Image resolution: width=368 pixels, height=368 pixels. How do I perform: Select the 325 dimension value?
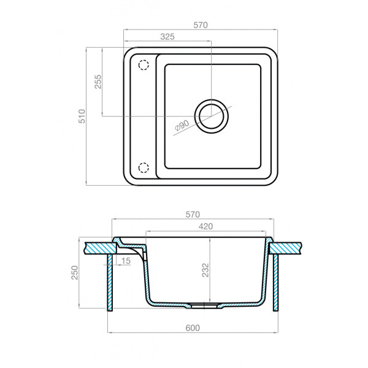(168, 37)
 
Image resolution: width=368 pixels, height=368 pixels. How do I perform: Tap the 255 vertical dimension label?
(98, 82)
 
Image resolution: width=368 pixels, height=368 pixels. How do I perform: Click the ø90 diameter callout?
(182, 126)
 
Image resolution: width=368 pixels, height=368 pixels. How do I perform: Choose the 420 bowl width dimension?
(205, 226)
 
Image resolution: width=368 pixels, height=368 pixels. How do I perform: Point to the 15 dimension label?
(126, 262)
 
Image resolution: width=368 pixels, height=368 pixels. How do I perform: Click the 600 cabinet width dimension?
(193, 328)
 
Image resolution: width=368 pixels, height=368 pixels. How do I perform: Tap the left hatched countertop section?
(100, 247)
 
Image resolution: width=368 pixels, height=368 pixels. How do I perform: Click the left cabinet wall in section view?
(110, 282)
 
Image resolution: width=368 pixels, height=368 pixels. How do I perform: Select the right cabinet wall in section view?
(276, 282)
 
